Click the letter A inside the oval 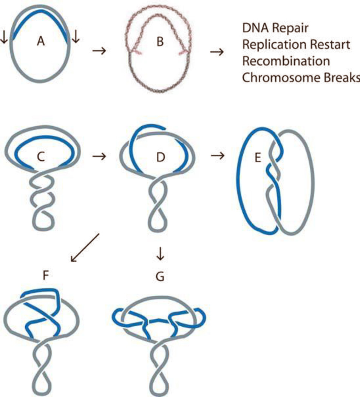[41, 42]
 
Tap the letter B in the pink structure [160, 42]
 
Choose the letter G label [160, 277]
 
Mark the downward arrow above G [160, 256]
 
